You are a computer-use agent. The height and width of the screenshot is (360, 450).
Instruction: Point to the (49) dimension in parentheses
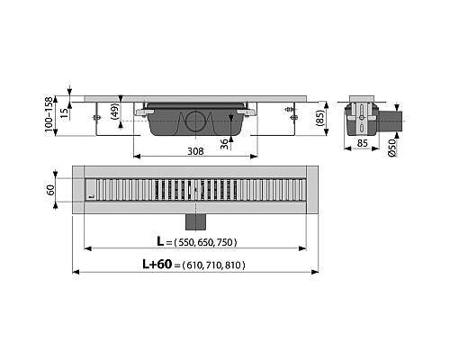(114, 113)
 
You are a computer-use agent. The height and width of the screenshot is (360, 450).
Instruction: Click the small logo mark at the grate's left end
(92, 192)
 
